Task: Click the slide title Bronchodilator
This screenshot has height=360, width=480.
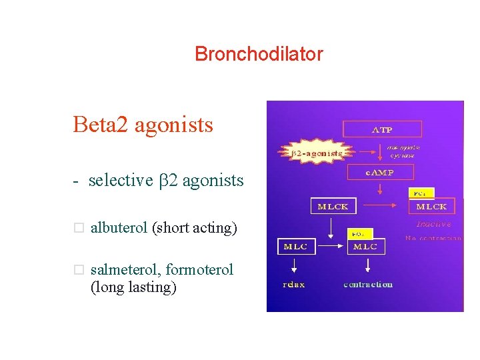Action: point(259,54)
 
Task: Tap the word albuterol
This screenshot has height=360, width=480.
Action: point(119,228)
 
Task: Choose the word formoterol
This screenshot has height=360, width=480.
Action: point(199,270)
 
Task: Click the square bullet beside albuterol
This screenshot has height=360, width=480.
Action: point(78,229)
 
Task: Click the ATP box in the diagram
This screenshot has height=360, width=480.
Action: point(382,129)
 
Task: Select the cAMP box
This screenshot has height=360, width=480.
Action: point(381,173)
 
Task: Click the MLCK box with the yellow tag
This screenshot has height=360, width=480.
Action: point(431,206)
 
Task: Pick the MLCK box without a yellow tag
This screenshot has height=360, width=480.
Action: point(333,206)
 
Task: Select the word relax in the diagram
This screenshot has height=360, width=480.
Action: point(294,285)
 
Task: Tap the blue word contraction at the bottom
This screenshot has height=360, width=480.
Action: point(368,285)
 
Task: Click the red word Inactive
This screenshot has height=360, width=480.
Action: point(433,224)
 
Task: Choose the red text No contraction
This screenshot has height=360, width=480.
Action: point(433,238)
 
